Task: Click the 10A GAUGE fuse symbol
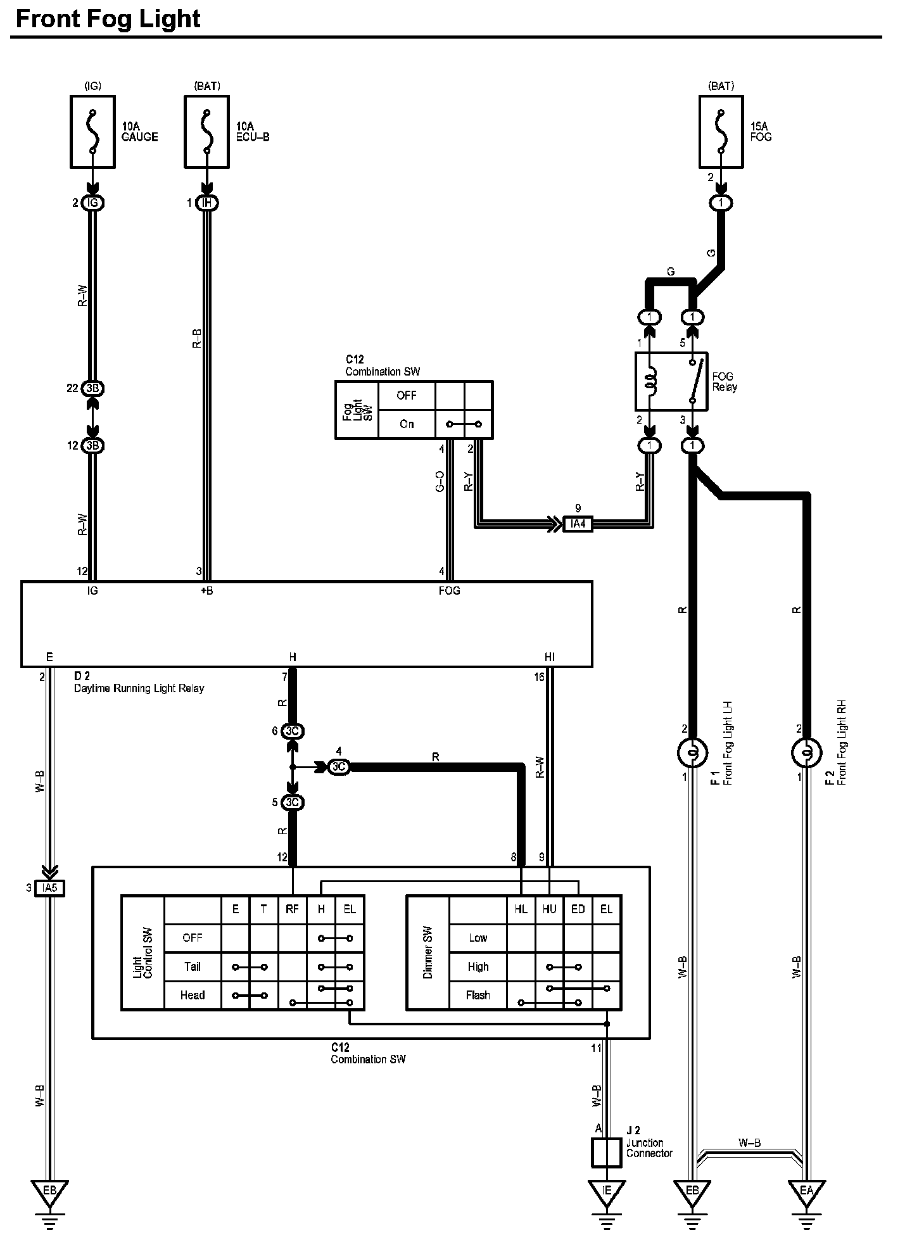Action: coord(92,132)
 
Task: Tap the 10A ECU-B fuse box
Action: coord(206,132)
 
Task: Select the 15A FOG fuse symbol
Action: coord(721,132)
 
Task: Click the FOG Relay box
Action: coord(671,381)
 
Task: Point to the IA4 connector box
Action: coord(578,524)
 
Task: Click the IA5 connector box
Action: coord(49,888)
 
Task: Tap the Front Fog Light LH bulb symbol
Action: coord(692,753)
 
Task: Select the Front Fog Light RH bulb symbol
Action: coord(806,753)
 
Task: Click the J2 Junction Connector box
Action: coord(606,1153)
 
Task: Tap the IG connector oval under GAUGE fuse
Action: coord(93,203)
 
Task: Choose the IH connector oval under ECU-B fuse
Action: coord(206,203)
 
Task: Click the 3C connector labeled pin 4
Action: coord(339,767)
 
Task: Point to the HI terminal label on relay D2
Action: coord(549,657)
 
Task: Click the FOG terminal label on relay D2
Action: coord(449,590)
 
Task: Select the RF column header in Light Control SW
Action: coord(292,909)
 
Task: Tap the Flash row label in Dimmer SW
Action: coord(478,995)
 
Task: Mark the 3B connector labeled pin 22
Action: coord(93,388)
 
